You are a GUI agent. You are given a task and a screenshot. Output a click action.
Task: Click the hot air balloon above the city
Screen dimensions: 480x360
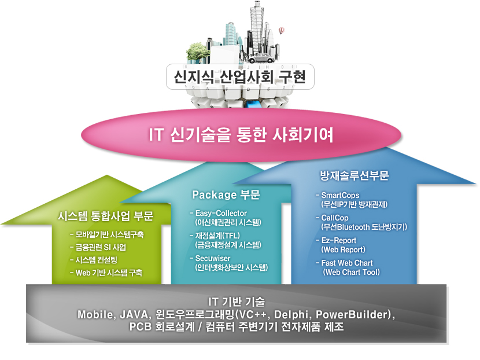282,31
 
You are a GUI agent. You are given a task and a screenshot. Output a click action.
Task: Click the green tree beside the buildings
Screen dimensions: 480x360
197,52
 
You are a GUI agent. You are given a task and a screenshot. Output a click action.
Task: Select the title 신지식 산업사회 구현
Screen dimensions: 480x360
239,76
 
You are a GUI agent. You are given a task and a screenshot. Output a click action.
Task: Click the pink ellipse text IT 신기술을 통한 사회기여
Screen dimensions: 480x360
241,134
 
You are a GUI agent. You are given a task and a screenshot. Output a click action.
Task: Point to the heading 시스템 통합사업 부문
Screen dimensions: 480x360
106,216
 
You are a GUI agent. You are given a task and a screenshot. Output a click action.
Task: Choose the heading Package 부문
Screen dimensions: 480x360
226,194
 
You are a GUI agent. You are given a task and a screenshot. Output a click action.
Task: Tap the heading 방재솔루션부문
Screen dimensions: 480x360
354,175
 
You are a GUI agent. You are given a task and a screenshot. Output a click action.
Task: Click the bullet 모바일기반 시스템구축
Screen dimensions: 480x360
107,234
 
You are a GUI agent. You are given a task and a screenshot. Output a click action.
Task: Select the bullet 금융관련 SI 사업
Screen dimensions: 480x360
98,247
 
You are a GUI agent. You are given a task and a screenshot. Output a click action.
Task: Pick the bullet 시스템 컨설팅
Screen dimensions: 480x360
94,260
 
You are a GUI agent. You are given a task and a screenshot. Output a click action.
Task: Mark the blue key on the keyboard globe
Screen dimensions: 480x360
253,103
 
